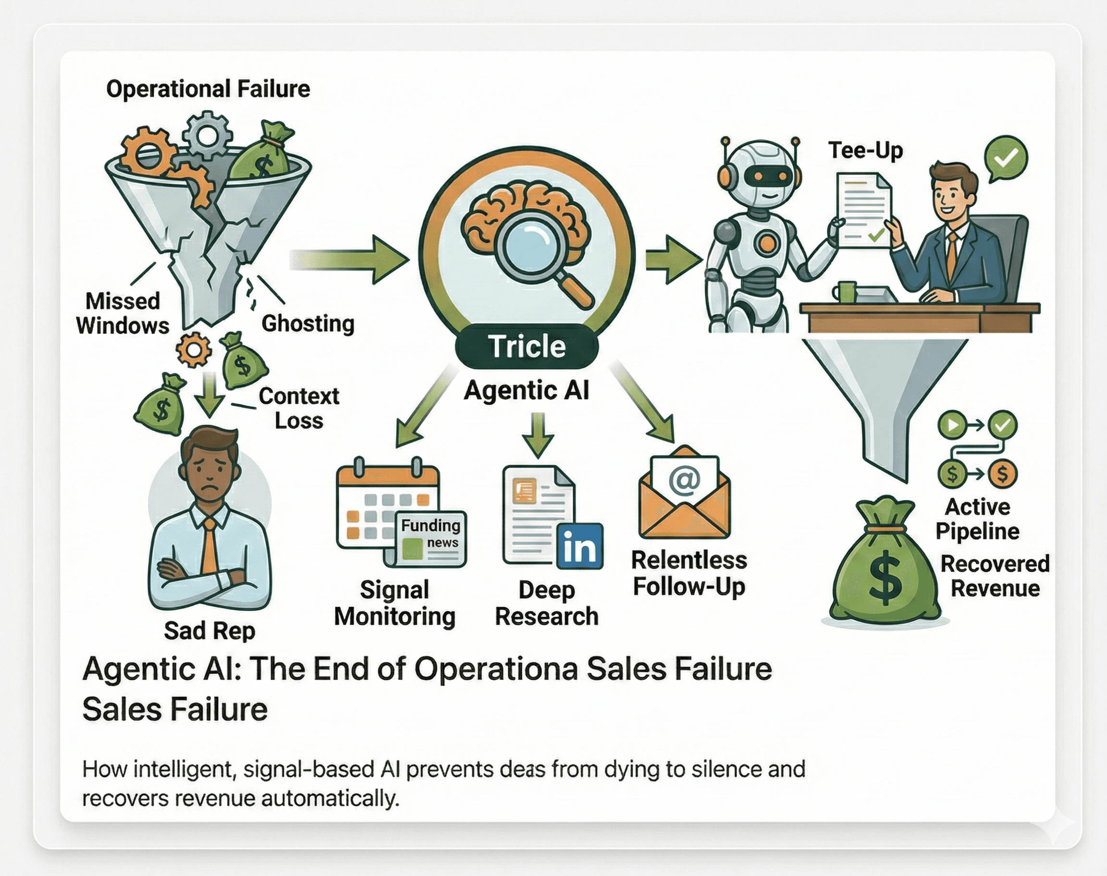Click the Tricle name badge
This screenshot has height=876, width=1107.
pos(527,346)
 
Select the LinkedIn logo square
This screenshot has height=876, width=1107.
pos(579,546)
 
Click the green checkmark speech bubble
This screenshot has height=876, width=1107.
pos(1006,158)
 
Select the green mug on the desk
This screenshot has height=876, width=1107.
pos(845,292)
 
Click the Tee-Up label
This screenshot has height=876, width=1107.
pos(865,150)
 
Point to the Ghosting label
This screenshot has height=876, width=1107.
pos(308,324)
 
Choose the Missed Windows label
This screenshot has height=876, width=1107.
pos(123,313)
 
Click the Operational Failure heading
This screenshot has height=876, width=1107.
pos(208,89)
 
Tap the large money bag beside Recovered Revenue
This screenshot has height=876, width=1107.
pos(885,564)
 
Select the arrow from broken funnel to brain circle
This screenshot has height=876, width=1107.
pos(349,259)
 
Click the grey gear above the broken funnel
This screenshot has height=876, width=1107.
pos(207,134)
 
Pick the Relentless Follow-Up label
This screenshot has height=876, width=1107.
pos(689,573)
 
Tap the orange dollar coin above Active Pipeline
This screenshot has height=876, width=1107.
pos(1002,473)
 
